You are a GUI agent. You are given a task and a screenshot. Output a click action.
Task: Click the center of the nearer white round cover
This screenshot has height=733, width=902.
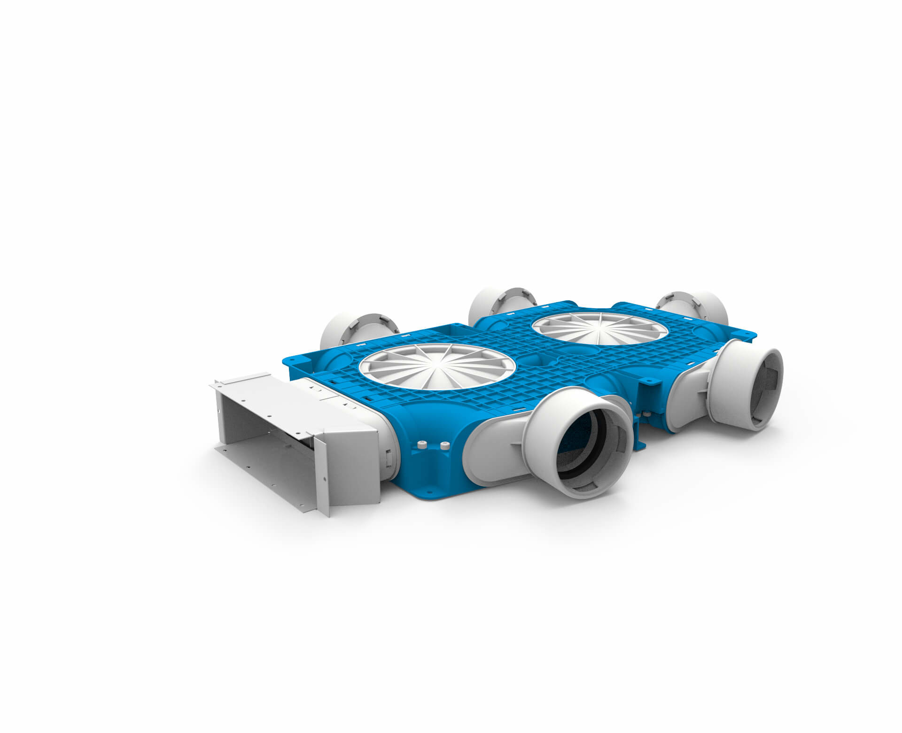tap(437, 366)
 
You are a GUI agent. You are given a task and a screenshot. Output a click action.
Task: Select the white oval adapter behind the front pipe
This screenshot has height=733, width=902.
tap(493, 448)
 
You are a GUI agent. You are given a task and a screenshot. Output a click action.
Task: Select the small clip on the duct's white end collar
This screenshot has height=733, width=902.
tap(389, 458)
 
